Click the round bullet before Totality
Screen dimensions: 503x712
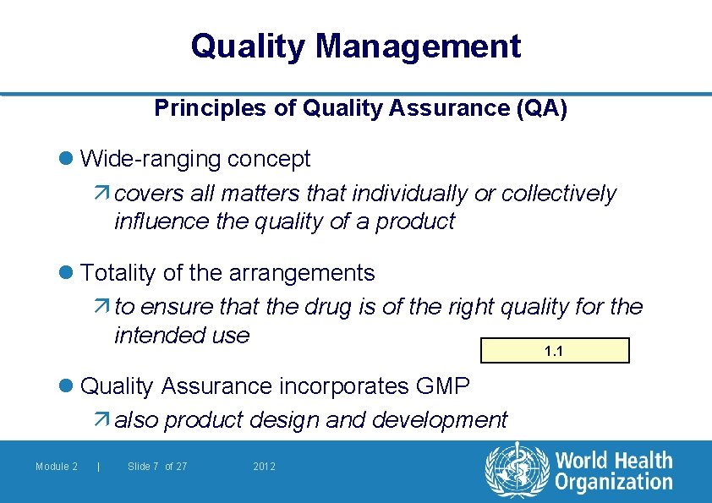[68, 273]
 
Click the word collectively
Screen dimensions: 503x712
[559, 194]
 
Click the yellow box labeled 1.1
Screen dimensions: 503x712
[555, 351]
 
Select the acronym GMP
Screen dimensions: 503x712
[443, 386]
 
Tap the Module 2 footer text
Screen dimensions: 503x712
[57, 467]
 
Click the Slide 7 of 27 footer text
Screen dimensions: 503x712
[157, 467]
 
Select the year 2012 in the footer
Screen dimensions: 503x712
[265, 467]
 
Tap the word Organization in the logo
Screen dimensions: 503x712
[614, 483]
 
